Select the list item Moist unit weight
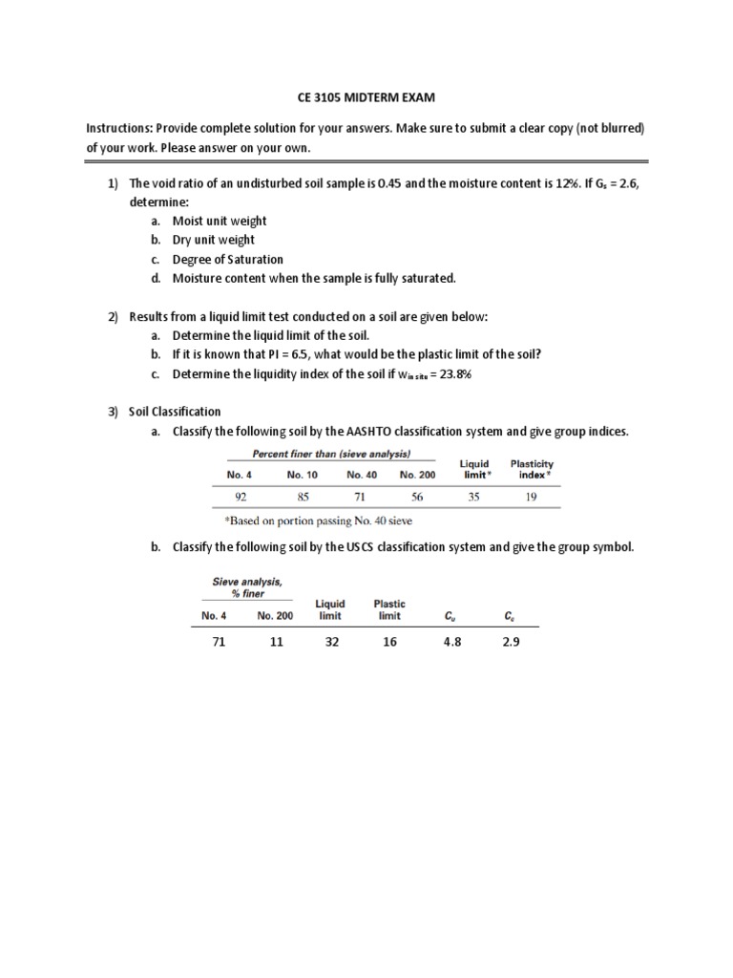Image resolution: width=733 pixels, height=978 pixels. coord(220,221)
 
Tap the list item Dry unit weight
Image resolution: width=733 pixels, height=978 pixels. coord(214,240)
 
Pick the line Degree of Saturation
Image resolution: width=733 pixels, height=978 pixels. coord(227,259)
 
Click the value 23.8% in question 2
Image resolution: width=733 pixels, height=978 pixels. coord(452,373)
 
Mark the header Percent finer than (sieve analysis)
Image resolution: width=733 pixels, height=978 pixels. coord(331,454)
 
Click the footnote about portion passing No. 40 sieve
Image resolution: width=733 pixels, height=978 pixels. coord(319,521)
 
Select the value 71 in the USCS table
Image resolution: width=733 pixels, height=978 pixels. coord(219,643)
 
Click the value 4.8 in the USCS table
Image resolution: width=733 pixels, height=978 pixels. coord(451,643)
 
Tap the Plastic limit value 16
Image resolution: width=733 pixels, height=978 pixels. coord(389,643)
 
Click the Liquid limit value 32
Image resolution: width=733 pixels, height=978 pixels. coord(331,643)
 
